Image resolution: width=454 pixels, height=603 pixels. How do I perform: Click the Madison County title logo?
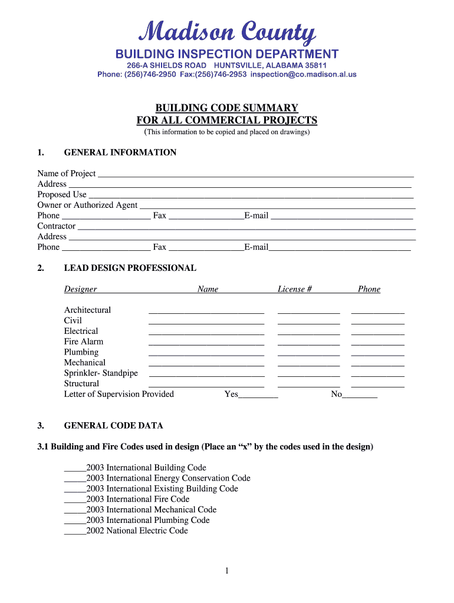[x=227, y=32]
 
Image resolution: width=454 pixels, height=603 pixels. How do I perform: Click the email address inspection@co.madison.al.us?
[x=303, y=75]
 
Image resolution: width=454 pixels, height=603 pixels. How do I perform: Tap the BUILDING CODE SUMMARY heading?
[x=227, y=108]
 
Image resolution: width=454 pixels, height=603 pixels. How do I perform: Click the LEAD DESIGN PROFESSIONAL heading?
[x=130, y=268]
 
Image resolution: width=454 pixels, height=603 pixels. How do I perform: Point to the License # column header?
[x=294, y=289]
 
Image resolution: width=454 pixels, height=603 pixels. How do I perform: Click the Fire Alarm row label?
[x=84, y=342]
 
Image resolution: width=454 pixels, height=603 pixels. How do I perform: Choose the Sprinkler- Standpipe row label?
[x=101, y=373]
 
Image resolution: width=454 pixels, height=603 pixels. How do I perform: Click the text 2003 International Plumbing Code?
[x=147, y=520]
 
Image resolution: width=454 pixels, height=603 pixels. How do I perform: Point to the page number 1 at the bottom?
[x=227, y=571]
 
